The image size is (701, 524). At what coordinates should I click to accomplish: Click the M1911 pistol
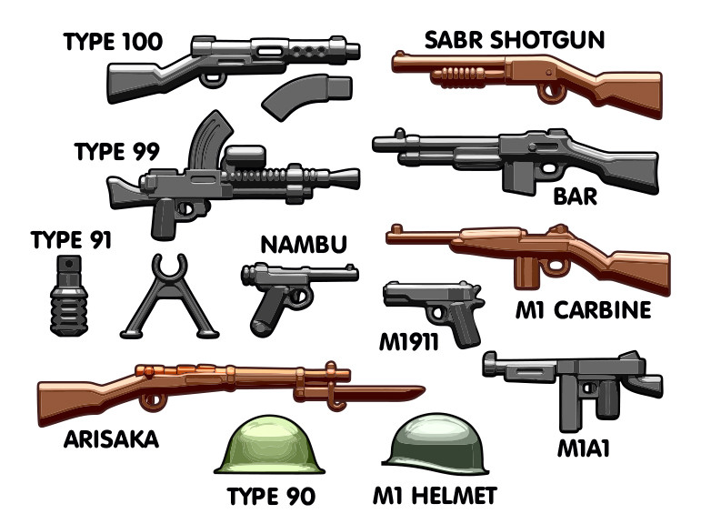click(433, 309)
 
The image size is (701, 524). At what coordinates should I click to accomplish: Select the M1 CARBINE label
click(583, 310)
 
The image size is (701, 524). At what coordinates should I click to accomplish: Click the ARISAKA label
click(111, 439)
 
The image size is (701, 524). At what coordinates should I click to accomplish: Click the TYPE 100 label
click(113, 41)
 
